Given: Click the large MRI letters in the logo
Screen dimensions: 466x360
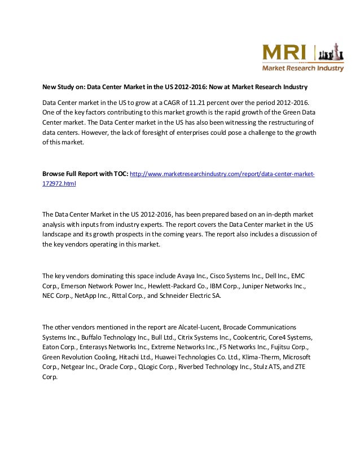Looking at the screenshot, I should point(284,52).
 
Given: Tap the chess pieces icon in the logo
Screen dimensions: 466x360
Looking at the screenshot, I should point(330,54).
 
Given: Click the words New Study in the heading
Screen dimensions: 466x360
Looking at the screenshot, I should point(58,87).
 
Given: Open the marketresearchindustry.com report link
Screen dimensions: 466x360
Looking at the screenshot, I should point(222,174).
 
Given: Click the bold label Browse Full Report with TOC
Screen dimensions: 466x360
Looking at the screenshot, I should point(85,174).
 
